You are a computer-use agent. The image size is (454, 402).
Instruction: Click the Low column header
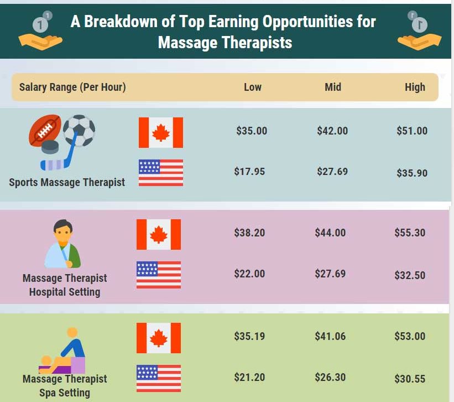(253, 87)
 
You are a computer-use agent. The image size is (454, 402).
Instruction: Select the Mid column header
(333, 87)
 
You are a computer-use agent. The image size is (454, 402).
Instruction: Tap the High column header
(415, 87)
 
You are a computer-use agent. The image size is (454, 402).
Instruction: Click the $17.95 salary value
(249, 172)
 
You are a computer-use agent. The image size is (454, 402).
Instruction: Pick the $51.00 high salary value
(412, 131)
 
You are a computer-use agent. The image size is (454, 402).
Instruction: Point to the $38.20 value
(249, 233)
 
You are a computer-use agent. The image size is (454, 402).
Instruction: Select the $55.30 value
(410, 233)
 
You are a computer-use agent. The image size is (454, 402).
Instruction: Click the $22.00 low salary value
(249, 274)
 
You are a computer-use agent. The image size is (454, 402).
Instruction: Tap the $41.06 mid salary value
(330, 337)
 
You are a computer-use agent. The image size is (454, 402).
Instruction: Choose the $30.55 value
(410, 379)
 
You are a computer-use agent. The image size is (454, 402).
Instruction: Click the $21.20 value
(249, 378)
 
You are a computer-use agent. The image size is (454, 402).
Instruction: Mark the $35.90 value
(412, 173)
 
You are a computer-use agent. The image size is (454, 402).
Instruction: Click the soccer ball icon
(79, 131)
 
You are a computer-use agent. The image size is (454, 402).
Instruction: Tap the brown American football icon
(45, 130)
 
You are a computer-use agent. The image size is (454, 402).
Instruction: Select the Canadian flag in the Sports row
(161, 133)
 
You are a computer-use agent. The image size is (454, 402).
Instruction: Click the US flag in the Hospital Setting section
(159, 275)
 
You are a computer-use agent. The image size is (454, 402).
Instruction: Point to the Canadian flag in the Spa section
(159, 338)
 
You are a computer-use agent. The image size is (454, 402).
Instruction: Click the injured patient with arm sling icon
(63, 244)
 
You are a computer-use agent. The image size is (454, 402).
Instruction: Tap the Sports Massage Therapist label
(67, 183)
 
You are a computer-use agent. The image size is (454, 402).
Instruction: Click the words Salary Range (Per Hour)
(72, 87)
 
